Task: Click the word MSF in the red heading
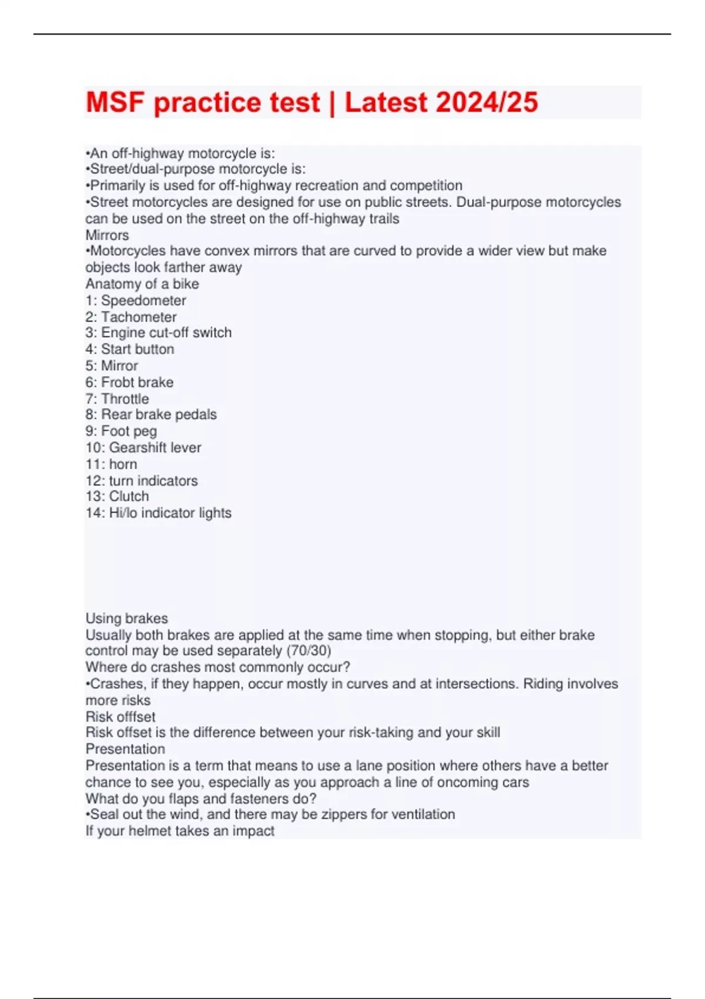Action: (x=115, y=103)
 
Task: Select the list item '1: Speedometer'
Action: (x=136, y=300)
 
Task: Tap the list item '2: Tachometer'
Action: (x=131, y=317)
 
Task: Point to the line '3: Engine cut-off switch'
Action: (x=159, y=333)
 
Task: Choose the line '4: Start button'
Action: (x=130, y=349)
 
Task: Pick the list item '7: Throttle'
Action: (x=117, y=398)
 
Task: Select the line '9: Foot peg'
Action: (x=121, y=431)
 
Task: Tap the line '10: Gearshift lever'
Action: (x=143, y=447)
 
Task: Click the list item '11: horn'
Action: (x=111, y=464)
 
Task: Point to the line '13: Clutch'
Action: (x=117, y=496)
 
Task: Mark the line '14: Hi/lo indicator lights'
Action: (x=159, y=512)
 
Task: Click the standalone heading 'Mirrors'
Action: (x=107, y=235)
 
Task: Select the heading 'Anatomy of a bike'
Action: (x=142, y=284)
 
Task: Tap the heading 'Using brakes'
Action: (x=126, y=618)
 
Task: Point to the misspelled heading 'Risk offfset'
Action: (x=120, y=716)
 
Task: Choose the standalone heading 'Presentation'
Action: (x=125, y=749)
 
